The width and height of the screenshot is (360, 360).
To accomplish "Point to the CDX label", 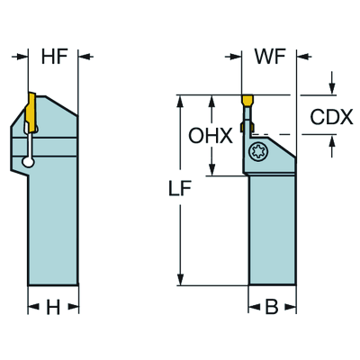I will pos(331,117).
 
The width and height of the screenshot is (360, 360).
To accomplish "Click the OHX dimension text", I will pos(212,136).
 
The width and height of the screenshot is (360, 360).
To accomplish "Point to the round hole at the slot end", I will pos(30,162).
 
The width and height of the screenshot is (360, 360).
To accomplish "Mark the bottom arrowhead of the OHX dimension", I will pos(212,171).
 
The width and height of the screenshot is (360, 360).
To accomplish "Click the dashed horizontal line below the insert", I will pos(279,133).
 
